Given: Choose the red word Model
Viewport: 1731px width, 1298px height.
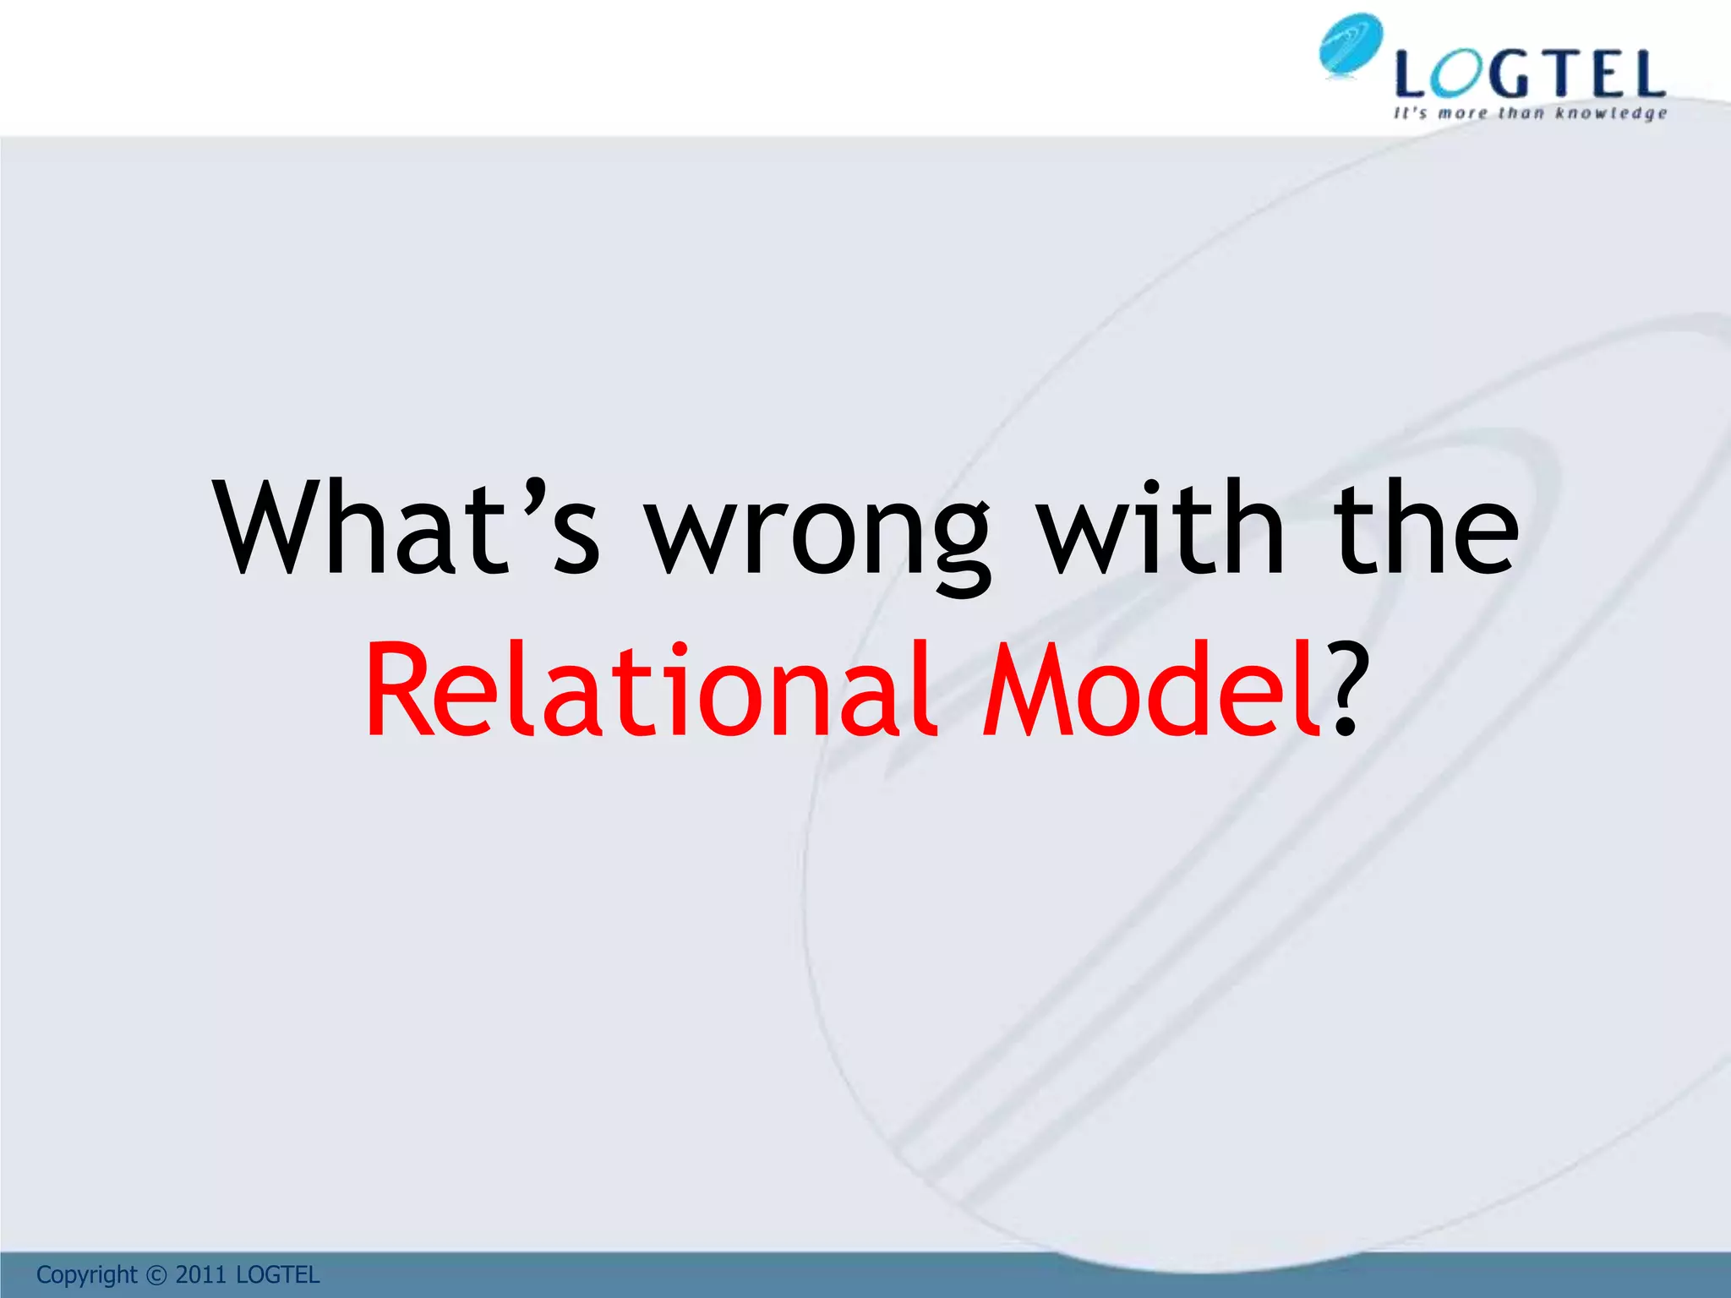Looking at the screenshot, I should [1150, 689].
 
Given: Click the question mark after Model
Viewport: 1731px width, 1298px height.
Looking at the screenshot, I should [1344, 689].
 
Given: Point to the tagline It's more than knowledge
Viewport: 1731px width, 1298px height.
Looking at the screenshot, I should [1531, 113].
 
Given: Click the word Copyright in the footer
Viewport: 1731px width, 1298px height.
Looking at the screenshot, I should [86, 1274].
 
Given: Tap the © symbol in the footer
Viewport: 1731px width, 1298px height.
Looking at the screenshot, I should [156, 1275].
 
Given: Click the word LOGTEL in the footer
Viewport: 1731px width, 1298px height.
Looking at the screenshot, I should [277, 1274].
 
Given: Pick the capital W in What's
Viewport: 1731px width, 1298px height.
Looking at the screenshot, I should [276, 528].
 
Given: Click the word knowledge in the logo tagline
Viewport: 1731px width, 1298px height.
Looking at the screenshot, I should [1612, 113].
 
